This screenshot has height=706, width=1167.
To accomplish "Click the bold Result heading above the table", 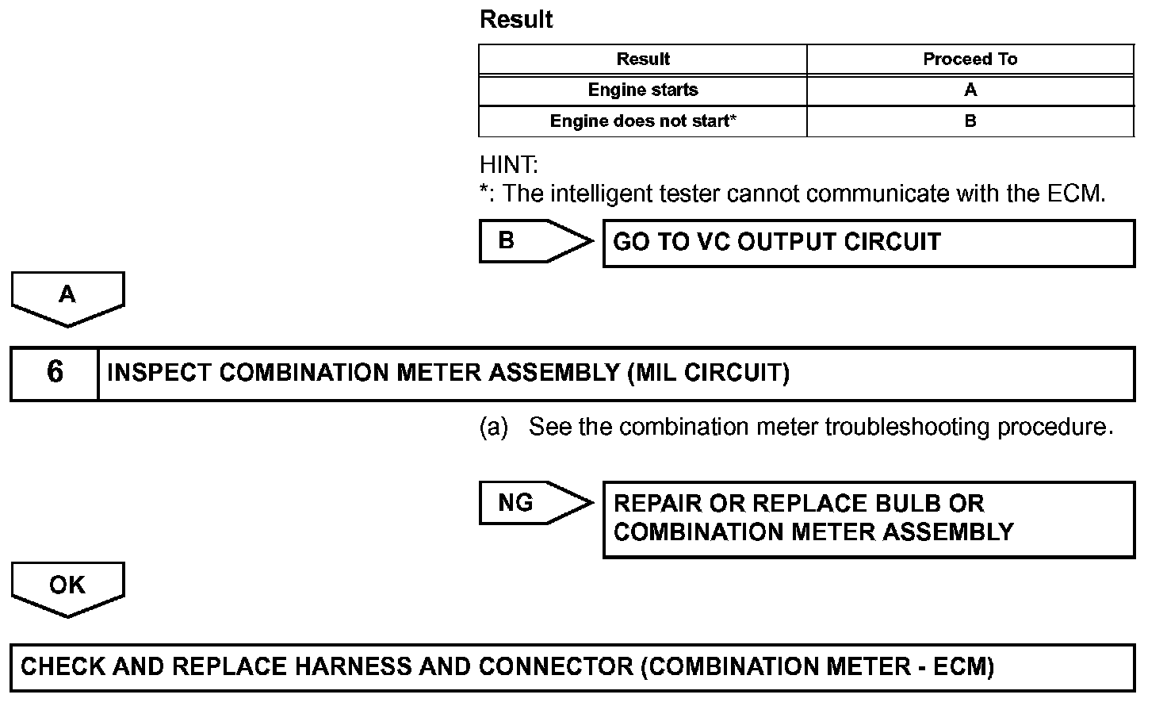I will (x=516, y=20).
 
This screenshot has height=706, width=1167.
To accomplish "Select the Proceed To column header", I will (x=970, y=59).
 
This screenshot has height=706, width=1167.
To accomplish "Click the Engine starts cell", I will (x=643, y=90).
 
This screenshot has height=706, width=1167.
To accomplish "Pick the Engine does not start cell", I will (x=643, y=121).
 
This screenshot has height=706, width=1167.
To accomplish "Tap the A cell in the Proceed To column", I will (x=970, y=90).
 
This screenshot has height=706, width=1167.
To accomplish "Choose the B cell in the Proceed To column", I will (x=970, y=121).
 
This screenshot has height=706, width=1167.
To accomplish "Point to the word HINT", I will (x=508, y=165).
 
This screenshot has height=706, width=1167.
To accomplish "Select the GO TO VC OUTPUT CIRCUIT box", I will (x=868, y=243).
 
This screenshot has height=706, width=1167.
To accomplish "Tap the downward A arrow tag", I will (x=67, y=297).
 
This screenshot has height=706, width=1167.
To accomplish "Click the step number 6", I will (x=55, y=373).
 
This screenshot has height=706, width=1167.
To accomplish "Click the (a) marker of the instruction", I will (x=493, y=427).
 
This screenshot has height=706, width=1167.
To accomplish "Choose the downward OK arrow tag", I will (x=67, y=587).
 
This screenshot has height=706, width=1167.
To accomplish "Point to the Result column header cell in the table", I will (x=643, y=59).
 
